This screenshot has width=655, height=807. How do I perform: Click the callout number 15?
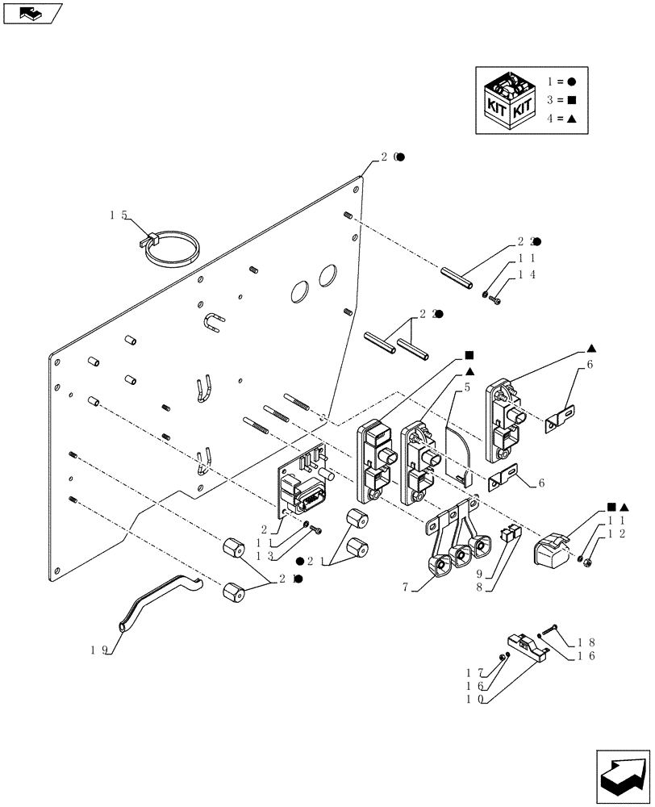click(119, 215)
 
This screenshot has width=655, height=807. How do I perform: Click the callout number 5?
click(466, 387)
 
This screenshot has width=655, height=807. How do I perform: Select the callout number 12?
click(618, 535)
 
